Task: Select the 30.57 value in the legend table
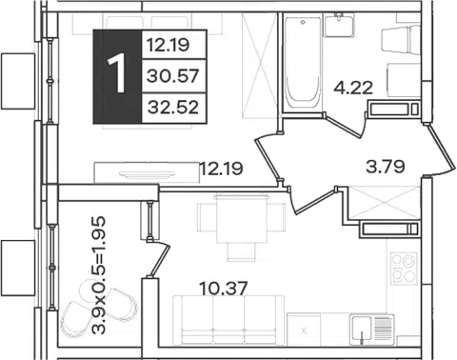(173, 76)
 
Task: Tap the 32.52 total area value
(173, 108)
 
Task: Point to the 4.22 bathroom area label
(353, 88)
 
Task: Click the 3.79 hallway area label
(386, 167)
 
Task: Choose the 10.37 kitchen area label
(223, 289)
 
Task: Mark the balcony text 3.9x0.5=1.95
(98, 275)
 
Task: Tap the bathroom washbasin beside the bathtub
(339, 25)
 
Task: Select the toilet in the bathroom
(401, 39)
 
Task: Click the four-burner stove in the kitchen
(404, 269)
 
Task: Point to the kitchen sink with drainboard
(372, 330)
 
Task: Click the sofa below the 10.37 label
(228, 320)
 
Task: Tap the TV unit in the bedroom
(147, 172)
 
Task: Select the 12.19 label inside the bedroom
(221, 169)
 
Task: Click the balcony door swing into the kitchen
(159, 260)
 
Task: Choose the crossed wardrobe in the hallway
(385, 203)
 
